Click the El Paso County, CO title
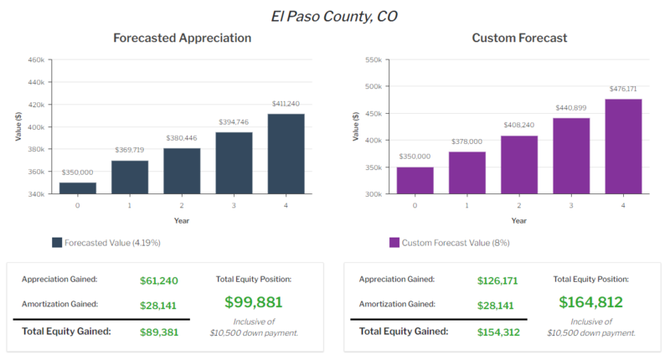pos(334,15)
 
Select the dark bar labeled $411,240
pos(287,154)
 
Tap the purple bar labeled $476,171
pos(622,147)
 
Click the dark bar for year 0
pos(78,188)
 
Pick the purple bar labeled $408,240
pos(518,165)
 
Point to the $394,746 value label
pos(234,121)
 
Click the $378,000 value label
pos(466,141)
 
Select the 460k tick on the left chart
pos(35,60)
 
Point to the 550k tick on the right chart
pos(372,60)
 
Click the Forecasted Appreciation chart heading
pos(182,38)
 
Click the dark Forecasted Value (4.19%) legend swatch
pos(57,243)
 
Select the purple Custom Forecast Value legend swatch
pos(394,243)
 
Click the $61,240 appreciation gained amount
pos(158,281)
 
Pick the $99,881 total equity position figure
pos(253,302)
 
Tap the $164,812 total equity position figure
pos(590,302)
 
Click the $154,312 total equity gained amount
pos(497,332)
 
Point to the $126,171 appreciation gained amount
pos(497,281)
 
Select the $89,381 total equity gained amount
pos(158,332)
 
